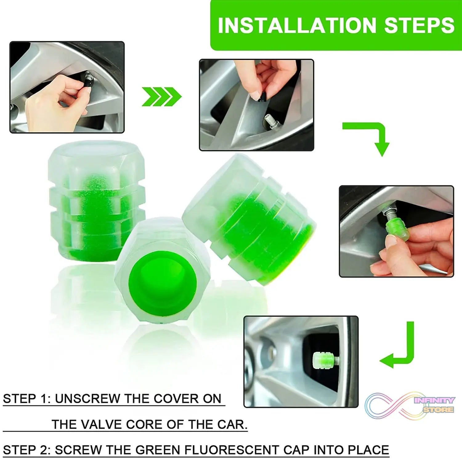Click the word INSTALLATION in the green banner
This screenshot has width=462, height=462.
(x=297, y=25)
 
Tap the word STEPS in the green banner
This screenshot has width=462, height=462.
(x=419, y=25)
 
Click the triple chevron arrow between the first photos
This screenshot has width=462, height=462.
(x=162, y=96)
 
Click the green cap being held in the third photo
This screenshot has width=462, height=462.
(x=398, y=229)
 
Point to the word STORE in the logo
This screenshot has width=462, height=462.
(x=438, y=410)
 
